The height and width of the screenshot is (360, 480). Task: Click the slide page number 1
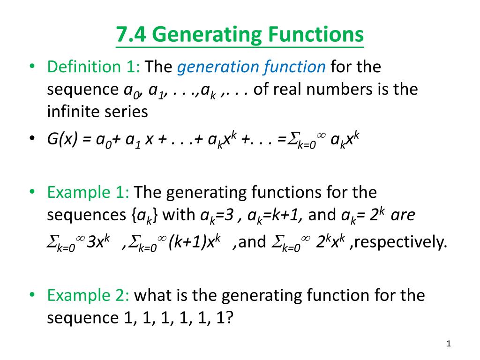pos(449,345)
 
